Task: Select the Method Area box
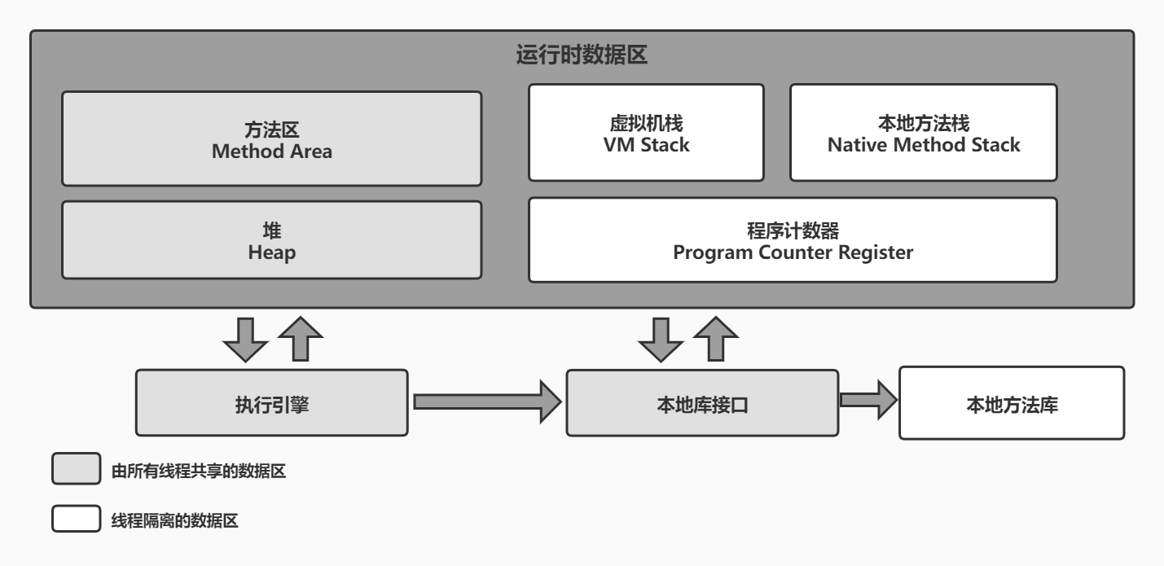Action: click(x=271, y=138)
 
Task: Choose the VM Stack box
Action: click(x=646, y=133)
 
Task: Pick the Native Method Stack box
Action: click(x=923, y=133)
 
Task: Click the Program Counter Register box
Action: click(x=793, y=240)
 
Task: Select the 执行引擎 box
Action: click(x=271, y=402)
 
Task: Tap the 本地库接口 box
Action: click(x=701, y=402)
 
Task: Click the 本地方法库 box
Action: click(x=1011, y=402)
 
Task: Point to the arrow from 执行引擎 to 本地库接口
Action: click(x=487, y=401)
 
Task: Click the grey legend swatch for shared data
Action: click(x=76, y=471)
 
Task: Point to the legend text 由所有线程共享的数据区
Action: click(x=199, y=471)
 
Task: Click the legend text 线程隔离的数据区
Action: click(x=174, y=521)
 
